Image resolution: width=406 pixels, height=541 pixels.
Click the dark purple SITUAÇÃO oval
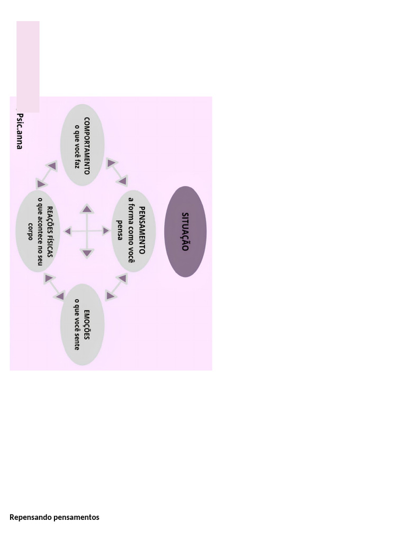[x=185, y=231]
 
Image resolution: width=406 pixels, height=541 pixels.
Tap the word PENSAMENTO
[x=142, y=230]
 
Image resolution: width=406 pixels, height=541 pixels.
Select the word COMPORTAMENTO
[x=87, y=145]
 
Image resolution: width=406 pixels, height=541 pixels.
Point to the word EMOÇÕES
[x=87, y=325]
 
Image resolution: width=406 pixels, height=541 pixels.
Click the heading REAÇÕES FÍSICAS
[x=50, y=231]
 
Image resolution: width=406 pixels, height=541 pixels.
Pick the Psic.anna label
[x=20, y=131]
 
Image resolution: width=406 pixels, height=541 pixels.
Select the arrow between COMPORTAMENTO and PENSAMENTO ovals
[x=117, y=172]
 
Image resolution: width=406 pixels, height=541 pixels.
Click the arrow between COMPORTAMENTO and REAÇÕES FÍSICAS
[x=47, y=175]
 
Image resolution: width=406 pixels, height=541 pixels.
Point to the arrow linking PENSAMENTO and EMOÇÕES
[x=116, y=287]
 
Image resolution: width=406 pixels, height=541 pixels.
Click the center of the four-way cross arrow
[x=87, y=231]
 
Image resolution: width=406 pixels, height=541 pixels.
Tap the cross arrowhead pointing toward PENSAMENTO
[x=106, y=231]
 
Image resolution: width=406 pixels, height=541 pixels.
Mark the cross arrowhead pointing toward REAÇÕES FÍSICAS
[x=68, y=231]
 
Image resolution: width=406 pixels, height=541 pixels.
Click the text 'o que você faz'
[x=77, y=145]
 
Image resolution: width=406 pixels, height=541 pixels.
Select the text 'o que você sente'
[x=77, y=325]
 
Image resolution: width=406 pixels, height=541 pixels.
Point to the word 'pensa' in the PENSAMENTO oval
[x=119, y=230]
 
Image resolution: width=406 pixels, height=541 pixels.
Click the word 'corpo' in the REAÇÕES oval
[x=30, y=231]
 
